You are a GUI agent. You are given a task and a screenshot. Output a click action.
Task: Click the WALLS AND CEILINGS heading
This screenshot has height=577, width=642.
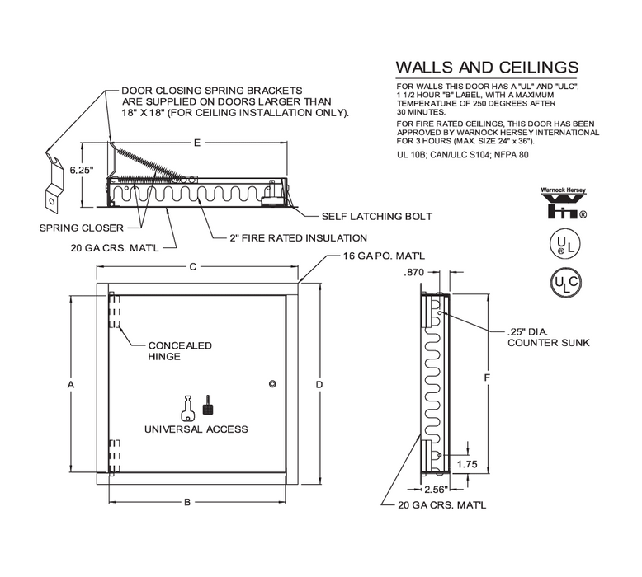point(486,68)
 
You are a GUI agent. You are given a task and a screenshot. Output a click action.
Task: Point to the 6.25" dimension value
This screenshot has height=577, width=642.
point(80,171)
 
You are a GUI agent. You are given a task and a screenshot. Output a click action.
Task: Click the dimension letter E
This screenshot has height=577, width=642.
point(196,143)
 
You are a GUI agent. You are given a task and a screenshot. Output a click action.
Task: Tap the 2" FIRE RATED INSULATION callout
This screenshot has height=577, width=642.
point(299,238)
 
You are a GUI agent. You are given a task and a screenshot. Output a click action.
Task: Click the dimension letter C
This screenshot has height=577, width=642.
point(192,266)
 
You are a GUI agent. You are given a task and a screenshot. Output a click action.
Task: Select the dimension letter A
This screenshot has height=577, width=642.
point(71,385)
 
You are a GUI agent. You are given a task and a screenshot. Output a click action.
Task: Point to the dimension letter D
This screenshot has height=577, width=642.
point(320,385)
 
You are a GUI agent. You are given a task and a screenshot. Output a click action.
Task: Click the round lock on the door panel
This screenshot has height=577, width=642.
point(272,382)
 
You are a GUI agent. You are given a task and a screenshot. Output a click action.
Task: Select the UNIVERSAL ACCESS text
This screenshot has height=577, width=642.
point(196,429)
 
